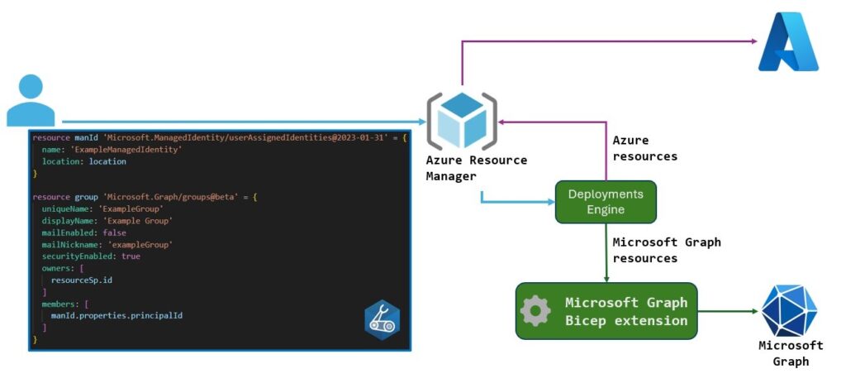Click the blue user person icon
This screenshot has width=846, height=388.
click(31, 100)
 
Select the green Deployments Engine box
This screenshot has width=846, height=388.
click(606, 202)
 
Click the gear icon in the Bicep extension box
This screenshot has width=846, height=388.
click(535, 311)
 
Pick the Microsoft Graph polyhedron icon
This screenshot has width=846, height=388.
click(789, 310)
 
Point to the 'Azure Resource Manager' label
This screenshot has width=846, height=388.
click(476, 168)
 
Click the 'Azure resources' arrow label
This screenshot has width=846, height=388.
click(644, 149)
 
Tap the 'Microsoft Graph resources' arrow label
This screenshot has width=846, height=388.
click(666, 250)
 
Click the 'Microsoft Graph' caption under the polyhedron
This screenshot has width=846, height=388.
click(791, 353)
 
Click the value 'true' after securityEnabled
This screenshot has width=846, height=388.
click(131, 256)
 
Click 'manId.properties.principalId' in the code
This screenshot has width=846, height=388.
click(116, 316)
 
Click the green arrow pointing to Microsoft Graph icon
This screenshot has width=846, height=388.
click(727, 311)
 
